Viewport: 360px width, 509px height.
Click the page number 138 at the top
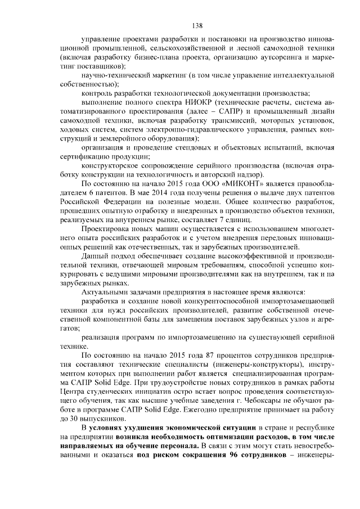click(197, 25)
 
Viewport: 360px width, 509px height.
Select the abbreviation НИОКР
click(199, 102)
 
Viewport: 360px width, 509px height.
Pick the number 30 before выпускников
click(75, 420)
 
